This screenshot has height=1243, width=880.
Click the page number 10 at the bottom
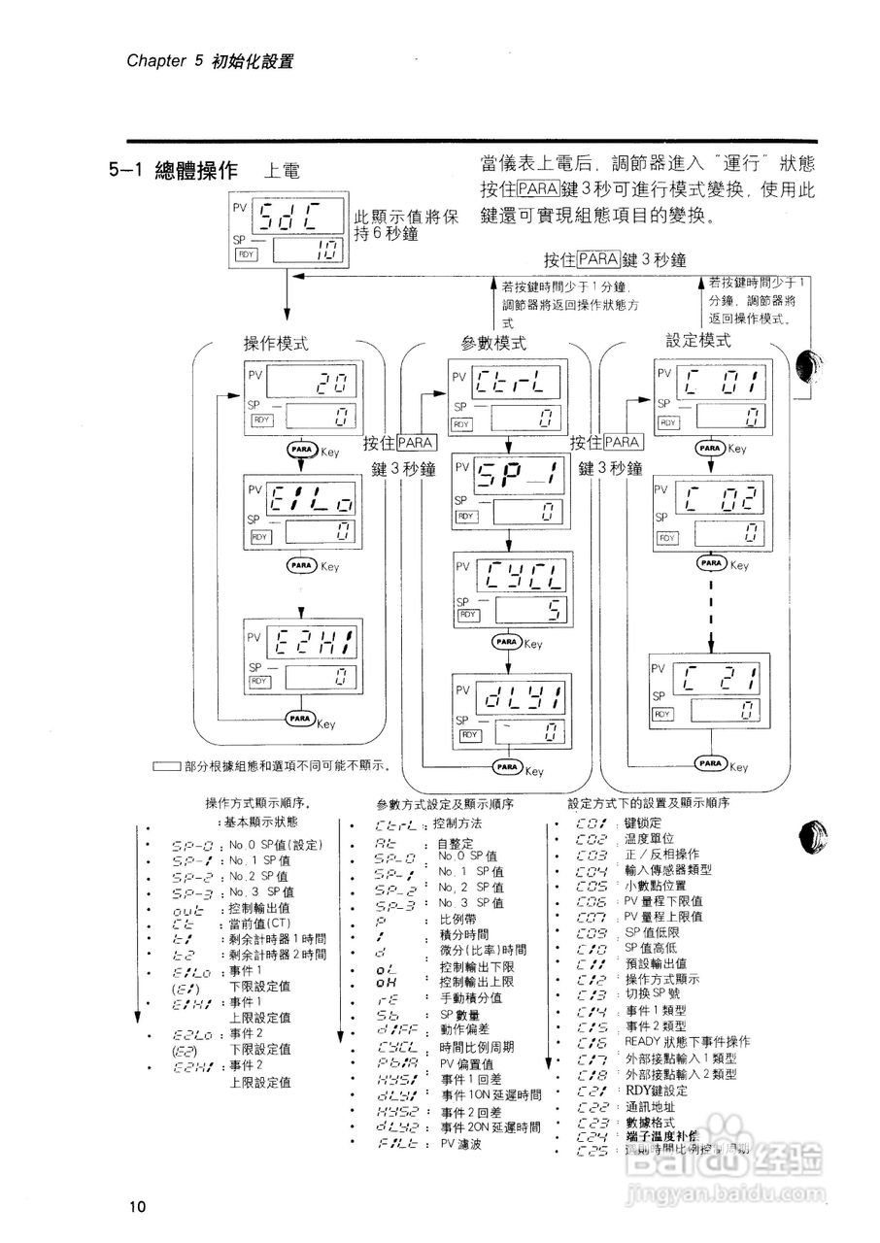[x=136, y=1206]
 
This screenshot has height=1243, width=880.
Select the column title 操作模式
[x=276, y=344]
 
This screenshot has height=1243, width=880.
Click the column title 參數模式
[x=494, y=343]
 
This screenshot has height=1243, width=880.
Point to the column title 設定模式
[x=698, y=341]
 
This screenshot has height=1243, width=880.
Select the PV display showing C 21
[x=721, y=676]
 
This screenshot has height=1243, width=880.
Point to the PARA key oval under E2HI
[x=299, y=718]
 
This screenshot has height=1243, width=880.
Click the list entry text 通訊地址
[x=649, y=1106]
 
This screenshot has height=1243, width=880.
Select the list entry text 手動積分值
[x=471, y=997]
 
